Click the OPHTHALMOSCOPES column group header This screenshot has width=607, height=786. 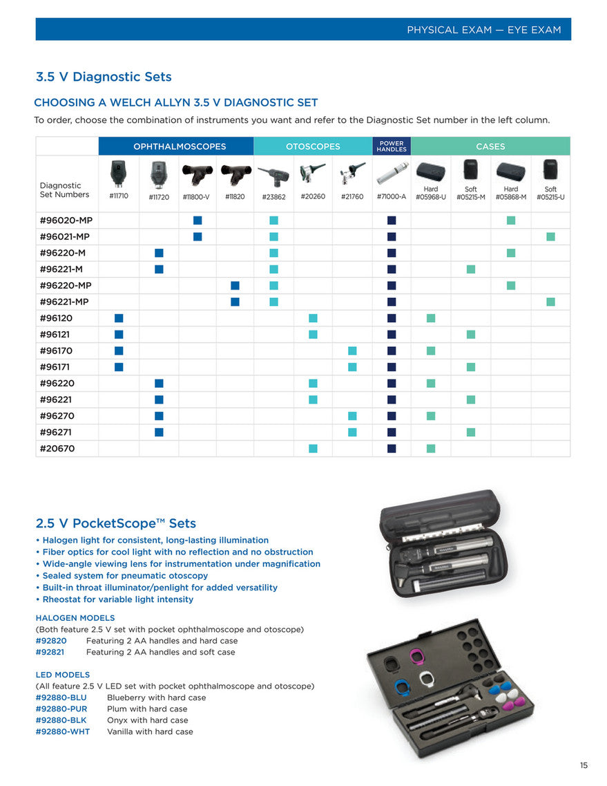175,147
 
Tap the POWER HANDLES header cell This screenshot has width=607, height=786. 392,147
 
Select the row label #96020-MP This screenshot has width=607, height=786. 66,221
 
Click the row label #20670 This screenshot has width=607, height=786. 57,449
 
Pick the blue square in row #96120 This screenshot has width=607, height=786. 119,318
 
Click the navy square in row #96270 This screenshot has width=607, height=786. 392,416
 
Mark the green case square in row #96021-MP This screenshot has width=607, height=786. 550,236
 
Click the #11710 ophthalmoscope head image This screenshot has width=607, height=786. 119,173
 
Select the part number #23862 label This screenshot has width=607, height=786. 273,197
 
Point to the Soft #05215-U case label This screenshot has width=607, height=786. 550,193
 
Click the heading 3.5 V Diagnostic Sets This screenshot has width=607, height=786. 104,77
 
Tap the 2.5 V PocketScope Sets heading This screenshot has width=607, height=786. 115,523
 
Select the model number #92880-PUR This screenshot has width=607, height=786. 61,709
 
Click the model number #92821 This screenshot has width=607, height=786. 51,652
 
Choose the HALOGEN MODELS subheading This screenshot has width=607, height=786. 75,618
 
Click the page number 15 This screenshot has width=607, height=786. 584,765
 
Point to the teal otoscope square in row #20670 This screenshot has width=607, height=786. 313,449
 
